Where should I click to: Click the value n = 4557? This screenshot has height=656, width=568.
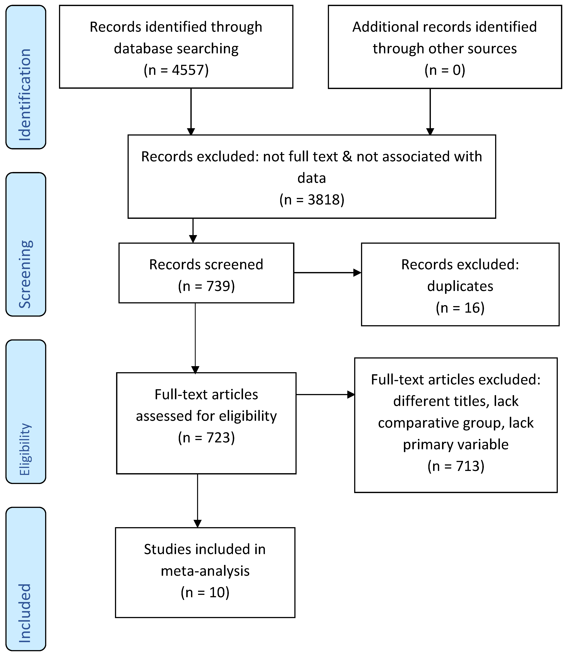pos(176,70)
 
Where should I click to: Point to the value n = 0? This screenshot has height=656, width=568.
pos(445,70)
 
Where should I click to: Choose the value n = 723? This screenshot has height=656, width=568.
pos(206,437)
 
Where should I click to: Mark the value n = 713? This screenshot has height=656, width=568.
pos(456,466)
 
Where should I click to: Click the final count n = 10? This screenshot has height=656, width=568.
pos(205,592)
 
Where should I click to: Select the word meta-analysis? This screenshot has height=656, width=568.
pos(205,571)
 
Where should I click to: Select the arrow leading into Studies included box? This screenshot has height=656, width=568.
pos(197,500)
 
